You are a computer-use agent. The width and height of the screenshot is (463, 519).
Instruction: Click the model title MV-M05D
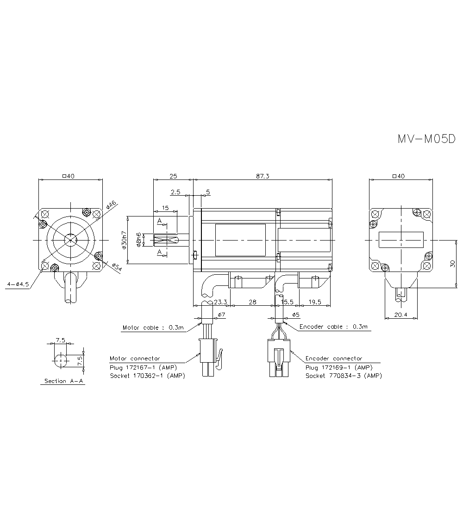(x=426, y=139)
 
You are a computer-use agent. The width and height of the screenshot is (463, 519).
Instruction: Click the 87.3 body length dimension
(x=262, y=176)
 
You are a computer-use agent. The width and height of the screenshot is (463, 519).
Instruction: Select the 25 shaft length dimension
(x=173, y=176)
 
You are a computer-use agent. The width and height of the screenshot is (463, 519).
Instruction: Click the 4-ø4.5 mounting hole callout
(x=18, y=284)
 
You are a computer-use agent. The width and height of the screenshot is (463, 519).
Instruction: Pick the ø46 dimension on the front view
(x=111, y=205)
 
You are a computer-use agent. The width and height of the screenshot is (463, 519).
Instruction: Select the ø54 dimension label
(x=116, y=267)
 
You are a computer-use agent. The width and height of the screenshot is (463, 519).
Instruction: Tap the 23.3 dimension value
(x=221, y=302)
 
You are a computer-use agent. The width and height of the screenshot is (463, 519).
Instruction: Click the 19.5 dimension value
(x=315, y=302)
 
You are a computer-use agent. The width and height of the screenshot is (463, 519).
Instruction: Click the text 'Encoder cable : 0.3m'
(x=334, y=327)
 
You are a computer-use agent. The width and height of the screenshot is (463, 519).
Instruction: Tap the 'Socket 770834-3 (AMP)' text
(x=344, y=376)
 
